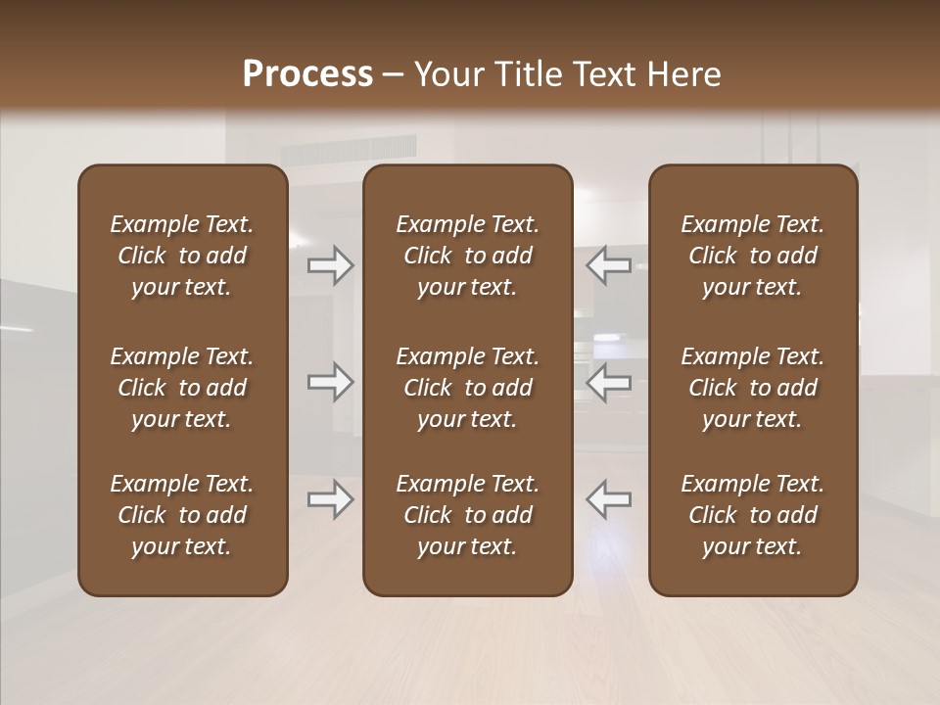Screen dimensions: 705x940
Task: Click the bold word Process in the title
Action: (307, 74)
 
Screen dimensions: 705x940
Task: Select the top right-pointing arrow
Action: (330, 265)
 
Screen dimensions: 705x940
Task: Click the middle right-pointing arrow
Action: (330, 382)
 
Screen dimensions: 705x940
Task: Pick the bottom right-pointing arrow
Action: (330, 499)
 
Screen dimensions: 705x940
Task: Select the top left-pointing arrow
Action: (608, 265)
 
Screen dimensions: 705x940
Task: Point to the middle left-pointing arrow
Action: (608, 382)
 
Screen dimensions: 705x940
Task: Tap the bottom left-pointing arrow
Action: (608, 499)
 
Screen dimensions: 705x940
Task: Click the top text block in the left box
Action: (182, 256)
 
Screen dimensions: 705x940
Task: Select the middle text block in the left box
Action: (182, 388)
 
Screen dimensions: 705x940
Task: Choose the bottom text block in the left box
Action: (182, 515)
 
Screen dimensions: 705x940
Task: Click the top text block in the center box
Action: (467, 256)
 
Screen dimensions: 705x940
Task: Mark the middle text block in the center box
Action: (467, 388)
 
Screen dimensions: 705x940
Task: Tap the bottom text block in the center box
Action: (467, 515)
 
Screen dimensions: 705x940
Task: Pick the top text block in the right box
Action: (753, 256)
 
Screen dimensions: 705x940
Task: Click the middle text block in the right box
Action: (753, 388)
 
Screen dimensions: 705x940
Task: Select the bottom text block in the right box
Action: (753, 515)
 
